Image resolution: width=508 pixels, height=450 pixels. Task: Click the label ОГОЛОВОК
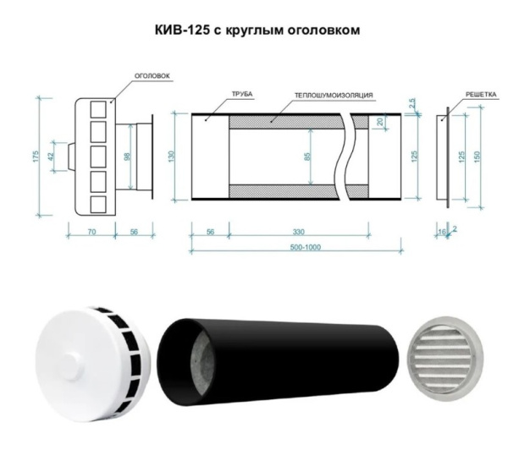(154, 75)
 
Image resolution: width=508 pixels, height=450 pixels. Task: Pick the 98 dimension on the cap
(128, 157)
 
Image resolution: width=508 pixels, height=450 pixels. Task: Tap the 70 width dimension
(91, 231)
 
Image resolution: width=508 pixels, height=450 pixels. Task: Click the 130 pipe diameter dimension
(174, 156)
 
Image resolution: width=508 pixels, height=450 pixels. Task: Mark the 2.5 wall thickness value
(411, 104)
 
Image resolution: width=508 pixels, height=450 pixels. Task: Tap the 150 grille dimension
(480, 156)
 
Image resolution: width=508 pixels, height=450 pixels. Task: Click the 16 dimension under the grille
(440, 231)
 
